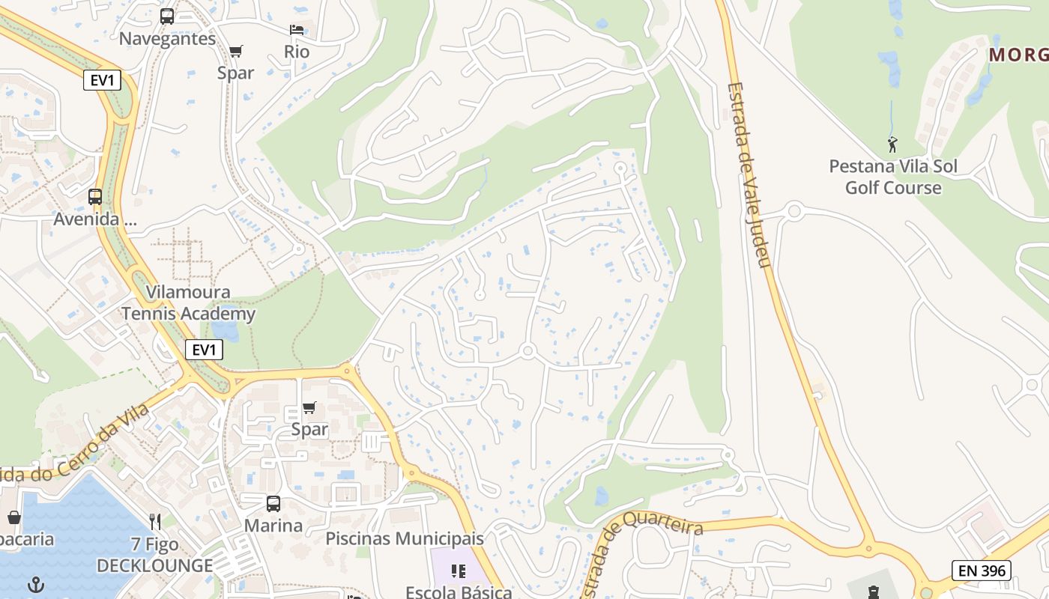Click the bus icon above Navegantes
point(167,16)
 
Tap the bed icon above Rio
point(297,30)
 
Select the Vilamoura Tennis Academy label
point(189,303)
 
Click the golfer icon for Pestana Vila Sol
point(892,145)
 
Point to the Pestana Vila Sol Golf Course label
point(893,177)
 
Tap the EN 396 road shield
point(981,571)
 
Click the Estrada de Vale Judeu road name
point(749,175)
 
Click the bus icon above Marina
point(273,504)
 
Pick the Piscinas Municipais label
point(405,538)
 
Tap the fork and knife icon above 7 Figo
point(155,521)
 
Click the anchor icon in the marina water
point(35,584)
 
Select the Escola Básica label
point(459,592)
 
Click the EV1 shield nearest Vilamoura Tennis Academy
point(204,349)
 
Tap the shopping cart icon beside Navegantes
point(236,52)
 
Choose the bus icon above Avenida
point(95,197)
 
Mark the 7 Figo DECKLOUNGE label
point(155,555)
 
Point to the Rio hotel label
point(297,52)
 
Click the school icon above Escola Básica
point(459,572)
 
